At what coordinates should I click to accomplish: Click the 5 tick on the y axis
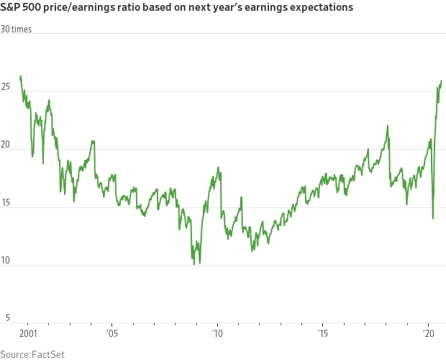(x=5, y=318)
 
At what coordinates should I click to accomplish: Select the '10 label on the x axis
(x=217, y=334)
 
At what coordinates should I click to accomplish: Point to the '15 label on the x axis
(x=322, y=334)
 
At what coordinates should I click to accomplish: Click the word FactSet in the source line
(x=48, y=354)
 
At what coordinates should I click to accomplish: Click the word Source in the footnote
(x=14, y=354)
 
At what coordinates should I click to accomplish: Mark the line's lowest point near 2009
(x=194, y=264)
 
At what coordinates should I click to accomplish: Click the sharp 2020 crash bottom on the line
(x=433, y=218)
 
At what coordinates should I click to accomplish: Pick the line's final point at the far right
(x=441, y=81)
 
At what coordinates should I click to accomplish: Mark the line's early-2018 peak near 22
(x=388, y=126)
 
